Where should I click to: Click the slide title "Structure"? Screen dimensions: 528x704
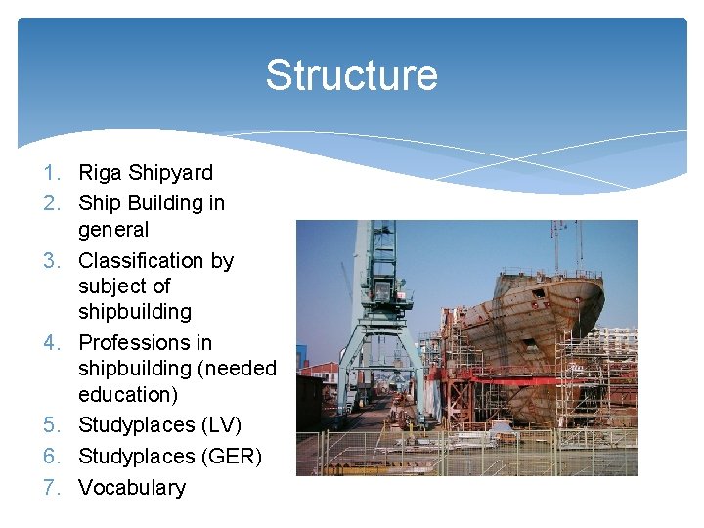(351, 75)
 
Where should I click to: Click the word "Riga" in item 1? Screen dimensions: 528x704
(100, 173)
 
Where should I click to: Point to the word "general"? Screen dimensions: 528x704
(113, 230)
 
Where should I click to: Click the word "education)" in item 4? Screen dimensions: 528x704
(128, 394)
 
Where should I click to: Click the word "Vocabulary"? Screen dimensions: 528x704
(131, 487)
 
